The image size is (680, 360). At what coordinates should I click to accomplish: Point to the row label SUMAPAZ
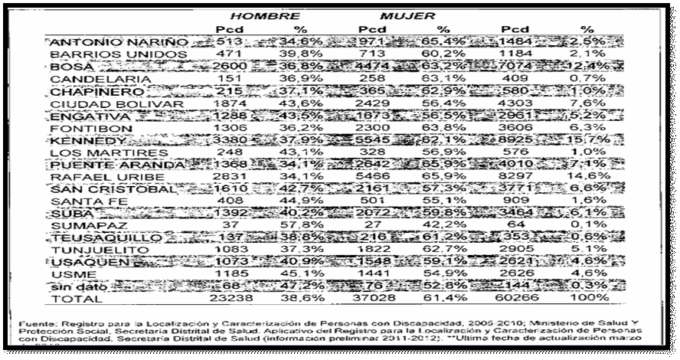click(x=80, y=225)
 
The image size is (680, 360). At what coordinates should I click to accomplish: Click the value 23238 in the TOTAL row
click(x=224, y=299)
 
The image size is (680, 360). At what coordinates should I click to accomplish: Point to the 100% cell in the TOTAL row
click(x=593, y=299)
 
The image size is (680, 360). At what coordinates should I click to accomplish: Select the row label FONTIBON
click(x=80, y=129)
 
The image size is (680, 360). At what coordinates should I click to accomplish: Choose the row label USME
click(x=66, y=273)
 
